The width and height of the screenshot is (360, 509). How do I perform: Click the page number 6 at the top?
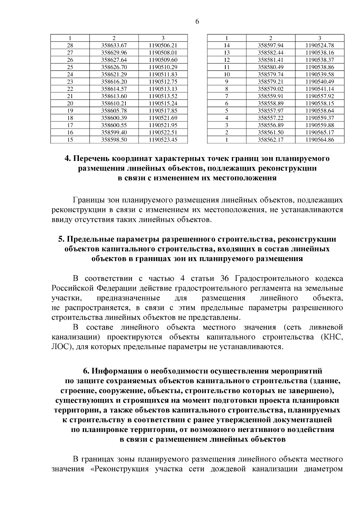click(197, 22)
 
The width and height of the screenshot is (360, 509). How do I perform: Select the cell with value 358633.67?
click(114, 46)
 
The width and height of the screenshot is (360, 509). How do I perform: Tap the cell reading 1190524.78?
click(320, 46)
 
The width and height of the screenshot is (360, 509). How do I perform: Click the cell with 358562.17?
click(271, 140)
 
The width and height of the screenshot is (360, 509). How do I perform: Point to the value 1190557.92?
click(320, 96)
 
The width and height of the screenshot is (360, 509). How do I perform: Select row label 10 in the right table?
click(227, 74)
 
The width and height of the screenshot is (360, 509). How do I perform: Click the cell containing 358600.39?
click(114, 118)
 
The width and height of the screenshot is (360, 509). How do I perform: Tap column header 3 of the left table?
click(163, 38)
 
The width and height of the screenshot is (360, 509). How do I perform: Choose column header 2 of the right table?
click(271, 38)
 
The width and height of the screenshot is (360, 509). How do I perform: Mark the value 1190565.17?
click(320, 132)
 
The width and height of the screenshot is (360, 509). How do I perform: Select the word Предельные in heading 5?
click(89, 239)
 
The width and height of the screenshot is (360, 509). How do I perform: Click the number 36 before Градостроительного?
click(224, 278)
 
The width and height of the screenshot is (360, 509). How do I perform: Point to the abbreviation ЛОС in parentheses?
click(60, 347)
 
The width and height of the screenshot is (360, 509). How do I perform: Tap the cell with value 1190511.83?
click(163, 74)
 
